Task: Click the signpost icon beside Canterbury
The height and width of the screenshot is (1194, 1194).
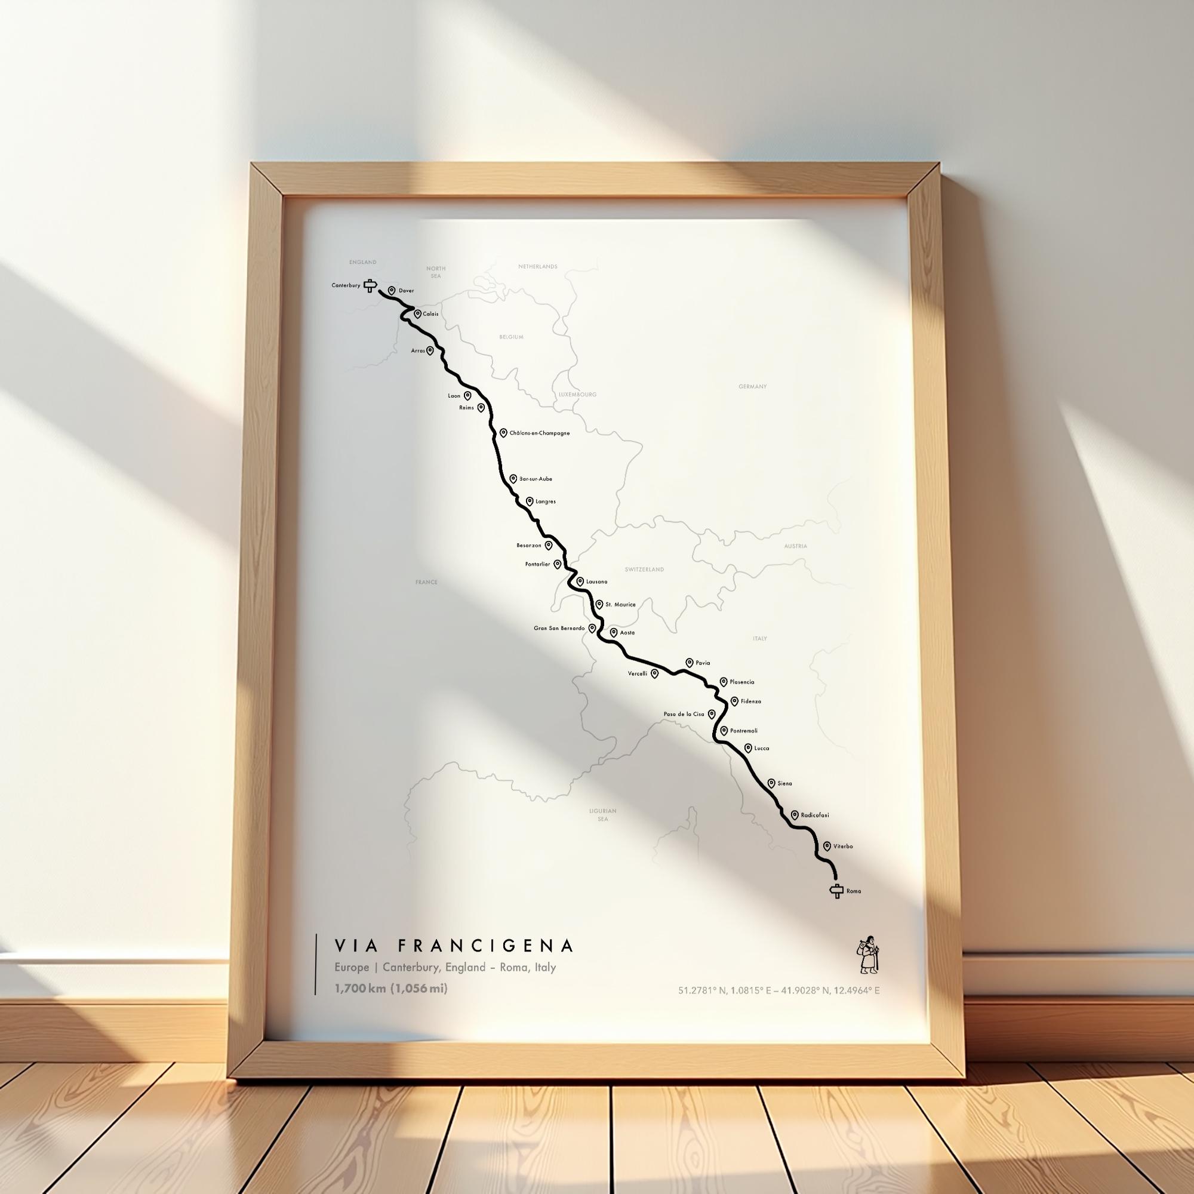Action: point(370,285)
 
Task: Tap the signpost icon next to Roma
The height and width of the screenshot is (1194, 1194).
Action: point(837,891)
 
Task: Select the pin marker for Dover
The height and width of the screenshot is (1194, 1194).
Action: point(391,290)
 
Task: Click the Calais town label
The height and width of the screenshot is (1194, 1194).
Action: point(431,314)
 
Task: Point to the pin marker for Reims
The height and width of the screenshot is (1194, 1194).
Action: point(481,407)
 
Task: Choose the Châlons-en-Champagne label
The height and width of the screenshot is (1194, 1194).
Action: point(540,433)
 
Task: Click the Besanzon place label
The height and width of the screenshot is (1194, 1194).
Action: point(528,545)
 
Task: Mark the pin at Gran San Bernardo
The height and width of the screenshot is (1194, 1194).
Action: point(592,628)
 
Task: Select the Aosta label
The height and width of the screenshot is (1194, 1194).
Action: point(627,633)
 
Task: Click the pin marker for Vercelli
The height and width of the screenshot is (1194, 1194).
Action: point(654,673)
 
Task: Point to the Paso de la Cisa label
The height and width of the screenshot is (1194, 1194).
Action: point(684,714)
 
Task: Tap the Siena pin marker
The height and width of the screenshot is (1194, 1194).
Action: point(771,783)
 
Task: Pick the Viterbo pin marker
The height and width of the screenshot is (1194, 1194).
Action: point(827,846)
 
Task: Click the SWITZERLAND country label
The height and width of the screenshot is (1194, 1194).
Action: point(644,569)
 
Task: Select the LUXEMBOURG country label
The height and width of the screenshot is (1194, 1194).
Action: point(577,394)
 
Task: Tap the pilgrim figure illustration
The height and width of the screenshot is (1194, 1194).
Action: point(867,955)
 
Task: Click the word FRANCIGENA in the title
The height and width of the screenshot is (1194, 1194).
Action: point(485,946)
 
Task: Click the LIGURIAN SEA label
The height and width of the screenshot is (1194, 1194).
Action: point(602,814)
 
